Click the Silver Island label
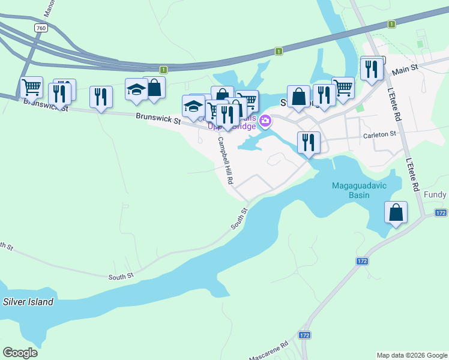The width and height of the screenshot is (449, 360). click(x=28, y=302)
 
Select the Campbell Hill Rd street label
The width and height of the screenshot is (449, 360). click(x=225, y=161)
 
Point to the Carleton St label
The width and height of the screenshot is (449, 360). click(x=380, y=136)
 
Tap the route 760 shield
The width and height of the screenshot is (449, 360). click(x=41, y=28)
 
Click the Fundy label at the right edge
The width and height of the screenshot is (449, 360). click(x=435, y=195)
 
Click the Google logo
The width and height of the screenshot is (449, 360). click(x=20, y=352)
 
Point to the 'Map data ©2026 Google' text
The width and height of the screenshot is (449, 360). click(x=411, y=355)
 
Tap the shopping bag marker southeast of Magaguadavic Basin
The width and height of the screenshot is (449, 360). click(x=396, y=212)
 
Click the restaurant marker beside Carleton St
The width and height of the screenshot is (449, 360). click(x=309, y=142)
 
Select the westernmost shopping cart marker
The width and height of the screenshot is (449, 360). click(x=31, y=87)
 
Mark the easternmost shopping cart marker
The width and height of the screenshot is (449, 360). click(x=343, y=87)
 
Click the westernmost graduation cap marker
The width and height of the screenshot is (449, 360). click(x=136, y=89)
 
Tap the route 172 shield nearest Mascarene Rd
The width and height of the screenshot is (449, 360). click(x=305, y=335)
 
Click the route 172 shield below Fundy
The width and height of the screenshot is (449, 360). click(x=441, y=213)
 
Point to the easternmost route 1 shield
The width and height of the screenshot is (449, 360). click(x=391, y=24)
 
